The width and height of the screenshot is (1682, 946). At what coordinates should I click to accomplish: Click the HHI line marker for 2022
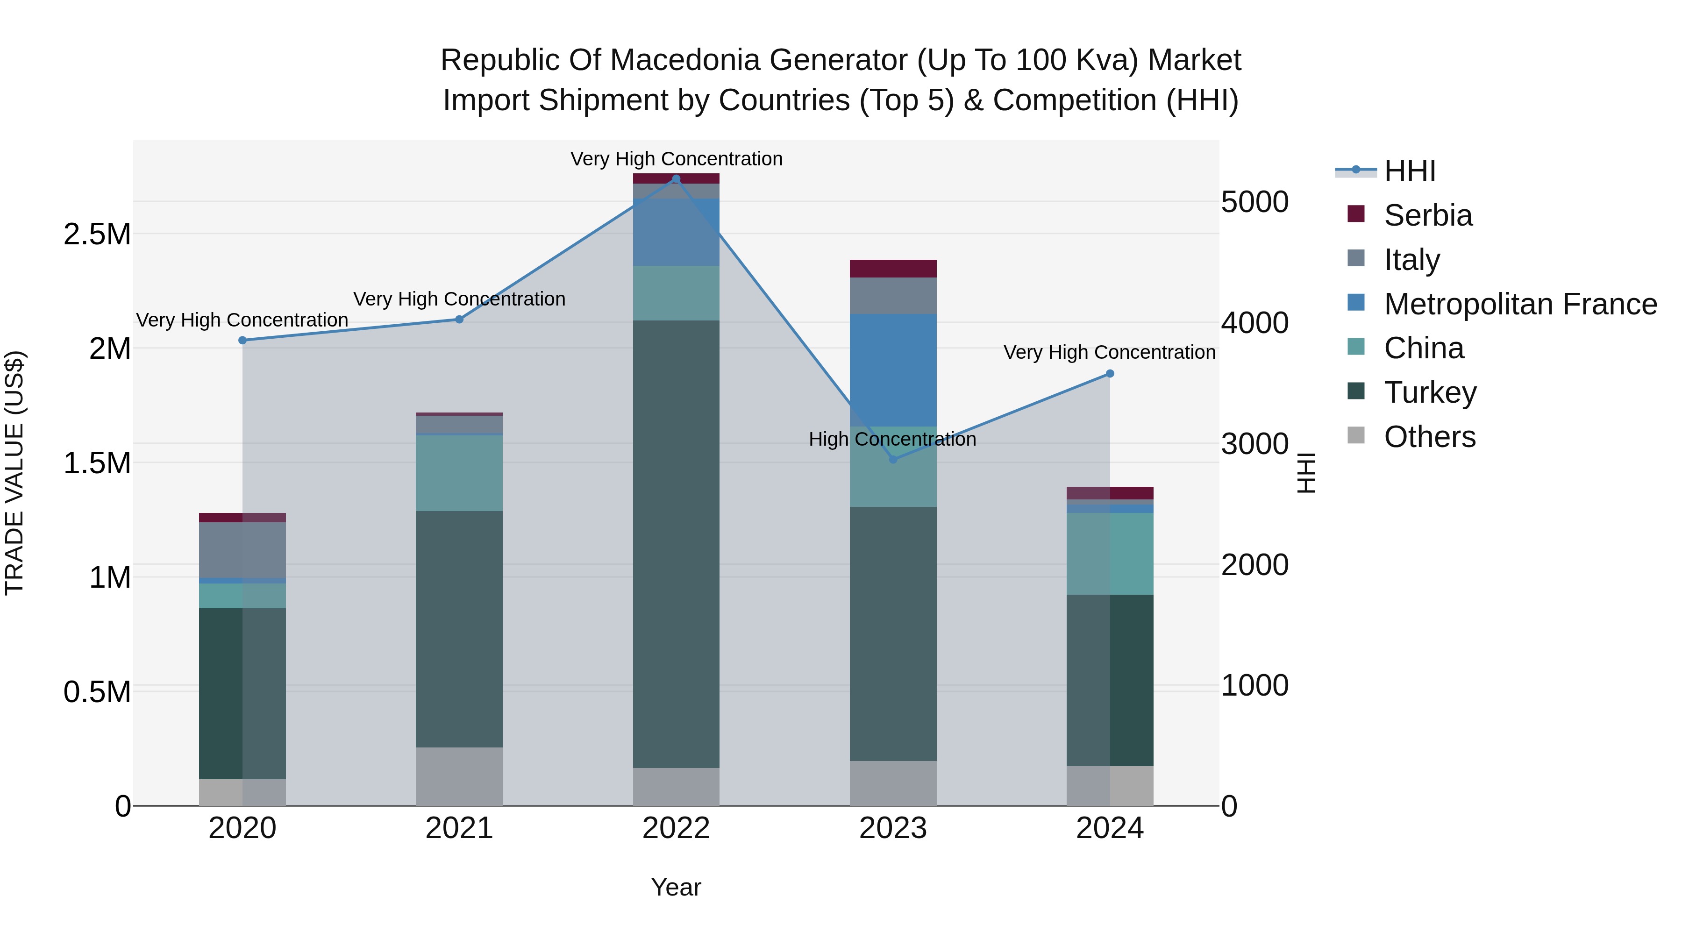[x=676, y=179]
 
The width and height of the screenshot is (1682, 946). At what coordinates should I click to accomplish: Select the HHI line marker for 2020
[x=242, y=340]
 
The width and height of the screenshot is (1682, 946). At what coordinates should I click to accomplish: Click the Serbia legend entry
[x=1427, y=215]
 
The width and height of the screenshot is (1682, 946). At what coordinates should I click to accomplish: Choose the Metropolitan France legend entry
[x=1519, y=304]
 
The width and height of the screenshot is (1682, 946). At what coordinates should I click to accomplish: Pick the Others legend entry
[x=1429, y=437]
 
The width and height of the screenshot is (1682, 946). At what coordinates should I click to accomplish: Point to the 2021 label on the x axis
[x=459, y=828]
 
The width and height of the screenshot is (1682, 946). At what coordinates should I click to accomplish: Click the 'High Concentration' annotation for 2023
[x=892, y=440]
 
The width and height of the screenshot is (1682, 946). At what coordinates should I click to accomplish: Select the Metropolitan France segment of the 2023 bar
[x=892, y=370]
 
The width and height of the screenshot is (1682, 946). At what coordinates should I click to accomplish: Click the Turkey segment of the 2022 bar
[x=676, y=543]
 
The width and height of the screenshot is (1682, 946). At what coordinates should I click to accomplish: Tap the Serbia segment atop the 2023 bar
[x=892, y=268]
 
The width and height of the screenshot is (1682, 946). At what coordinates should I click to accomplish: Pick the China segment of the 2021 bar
[x=459, y=473]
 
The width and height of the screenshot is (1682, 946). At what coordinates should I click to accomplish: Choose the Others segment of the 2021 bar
[x=459, y=776]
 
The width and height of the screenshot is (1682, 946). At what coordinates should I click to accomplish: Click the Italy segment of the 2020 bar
[x=242, y=550]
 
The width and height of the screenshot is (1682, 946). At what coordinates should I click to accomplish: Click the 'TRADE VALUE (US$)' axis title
[x=14, y=473]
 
